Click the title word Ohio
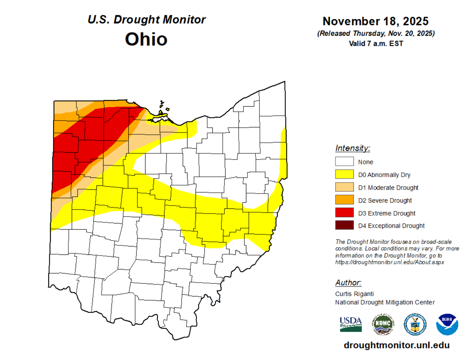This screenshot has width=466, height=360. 146,39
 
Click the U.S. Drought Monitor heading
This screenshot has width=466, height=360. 147,20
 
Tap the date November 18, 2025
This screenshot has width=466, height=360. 375,21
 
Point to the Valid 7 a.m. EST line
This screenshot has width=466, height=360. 376,43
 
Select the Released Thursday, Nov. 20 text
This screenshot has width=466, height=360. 376,33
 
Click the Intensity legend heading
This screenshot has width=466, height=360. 352,148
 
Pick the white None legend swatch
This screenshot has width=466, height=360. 344,161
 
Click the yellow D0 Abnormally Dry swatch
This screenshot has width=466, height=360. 344,174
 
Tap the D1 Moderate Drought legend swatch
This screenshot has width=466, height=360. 344,187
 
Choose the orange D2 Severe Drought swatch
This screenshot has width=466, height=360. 344,200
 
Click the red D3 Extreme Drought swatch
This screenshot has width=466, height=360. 344,212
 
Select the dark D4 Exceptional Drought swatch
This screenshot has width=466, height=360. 344,225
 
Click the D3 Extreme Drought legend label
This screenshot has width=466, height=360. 387,213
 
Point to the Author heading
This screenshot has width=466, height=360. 348,283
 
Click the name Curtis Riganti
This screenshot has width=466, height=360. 354,294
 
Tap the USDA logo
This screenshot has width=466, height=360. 351,324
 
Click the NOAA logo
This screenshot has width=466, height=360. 447,324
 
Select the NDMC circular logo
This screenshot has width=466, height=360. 383,324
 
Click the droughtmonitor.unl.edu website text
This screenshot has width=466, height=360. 397,345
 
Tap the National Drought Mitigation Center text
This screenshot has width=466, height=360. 385,302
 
